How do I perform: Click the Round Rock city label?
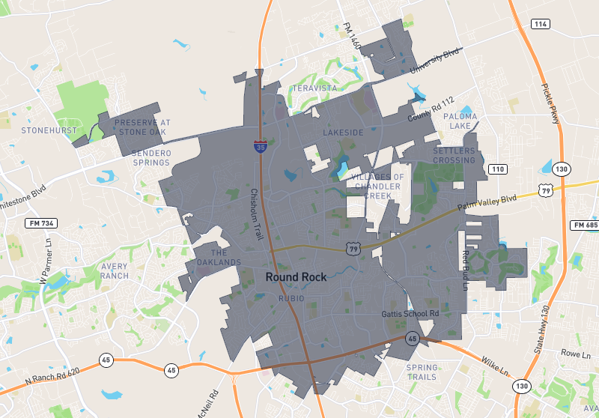(296, 277)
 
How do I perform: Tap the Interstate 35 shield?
(259, 147)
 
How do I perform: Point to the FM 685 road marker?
(584, 225)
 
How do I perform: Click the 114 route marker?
(540, 24)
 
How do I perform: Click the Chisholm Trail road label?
(256, 213)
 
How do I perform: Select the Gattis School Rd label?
(410, 313)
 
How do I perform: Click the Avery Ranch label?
(115, 270)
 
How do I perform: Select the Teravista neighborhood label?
(314, 88)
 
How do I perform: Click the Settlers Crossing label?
(454, 156)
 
